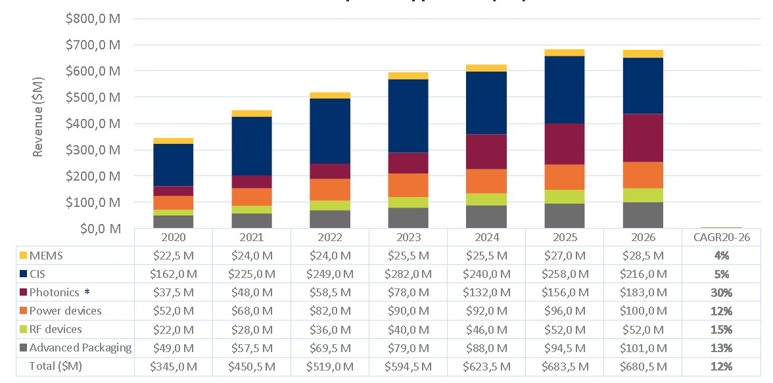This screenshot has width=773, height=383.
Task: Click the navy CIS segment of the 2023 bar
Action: (408, 116)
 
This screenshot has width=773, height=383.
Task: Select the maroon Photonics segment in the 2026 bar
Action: (643, 138)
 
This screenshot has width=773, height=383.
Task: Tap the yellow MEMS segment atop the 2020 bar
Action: (173, 141)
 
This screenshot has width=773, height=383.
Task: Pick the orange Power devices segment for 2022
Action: (329, 190)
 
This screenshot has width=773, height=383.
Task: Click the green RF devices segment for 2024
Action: (486, 200)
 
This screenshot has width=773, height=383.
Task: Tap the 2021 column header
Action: (251, 237)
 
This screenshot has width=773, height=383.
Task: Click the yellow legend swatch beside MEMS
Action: (23, 256)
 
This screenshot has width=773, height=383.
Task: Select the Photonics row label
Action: (55, 292)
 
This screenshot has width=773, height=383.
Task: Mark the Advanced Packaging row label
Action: (81, 348)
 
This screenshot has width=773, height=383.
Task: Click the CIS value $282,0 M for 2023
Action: (408, 274)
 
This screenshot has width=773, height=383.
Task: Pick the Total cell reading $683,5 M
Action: (565, 366)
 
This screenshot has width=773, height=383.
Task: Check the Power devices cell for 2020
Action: (173, 311)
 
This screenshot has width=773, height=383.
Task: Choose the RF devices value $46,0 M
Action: (486, 329)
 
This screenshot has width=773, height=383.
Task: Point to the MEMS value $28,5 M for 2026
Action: (643, 256)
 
